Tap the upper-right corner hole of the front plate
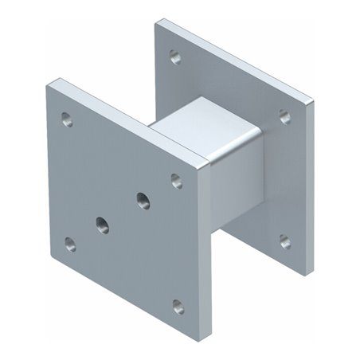point(177,181)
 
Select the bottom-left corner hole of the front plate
point(70,244)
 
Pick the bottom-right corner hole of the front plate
point(178,307)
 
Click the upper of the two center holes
point(143,198)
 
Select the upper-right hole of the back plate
point(284,116)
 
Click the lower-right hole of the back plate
point(284,241)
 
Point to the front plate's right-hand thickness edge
point(209,247)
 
